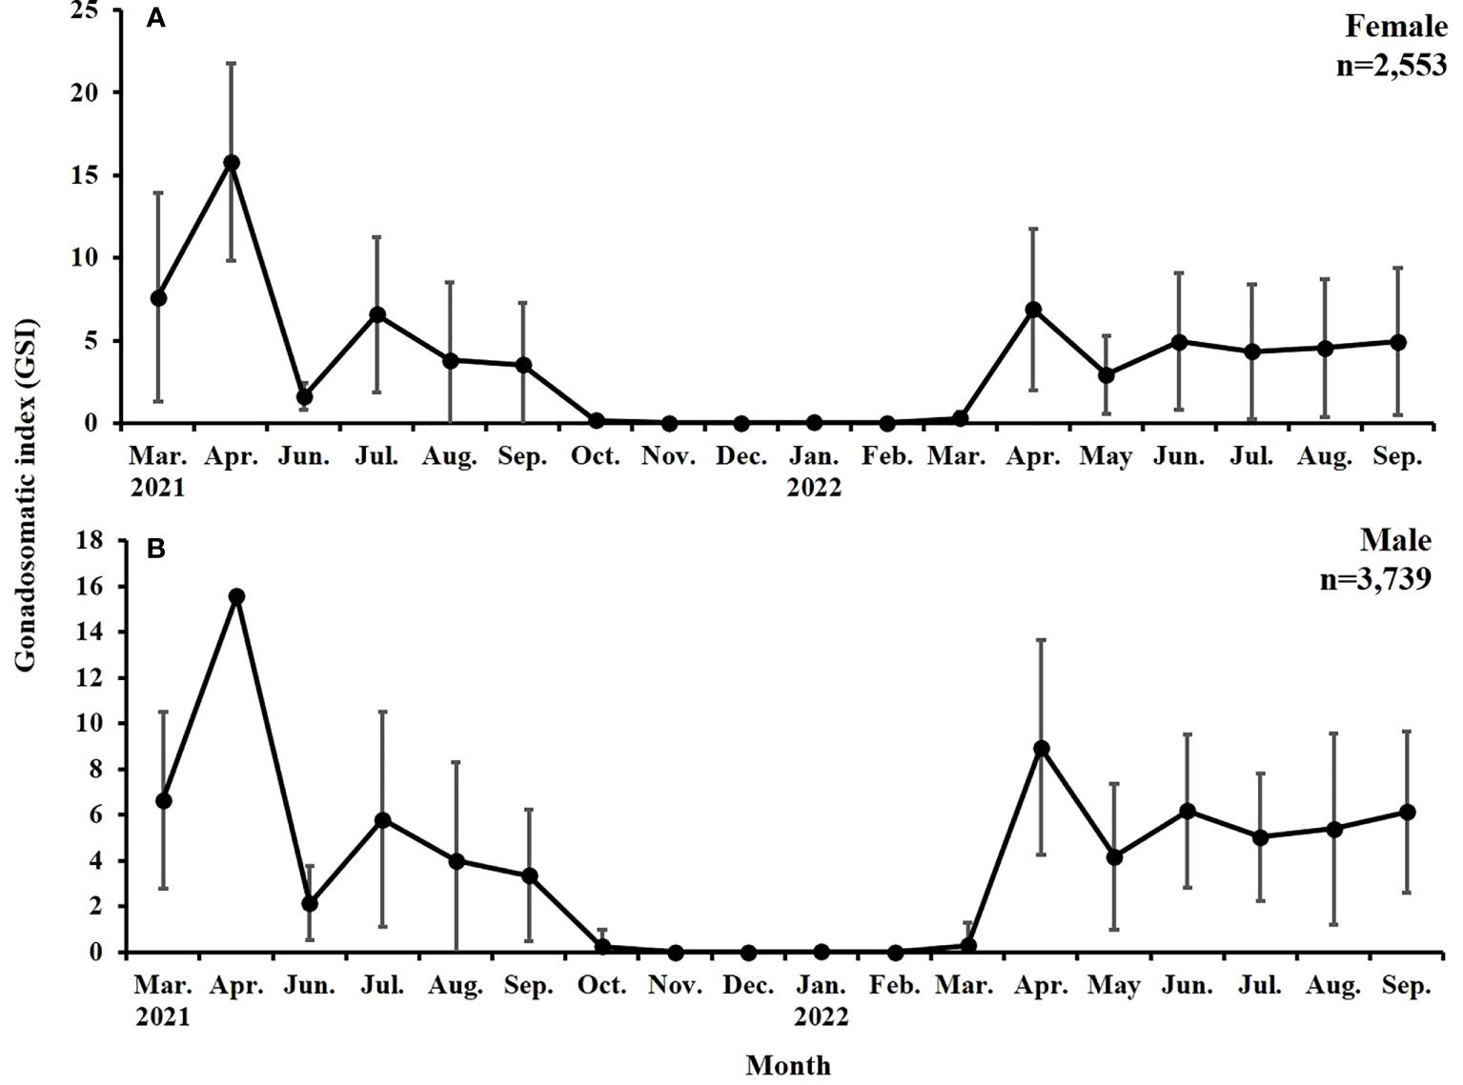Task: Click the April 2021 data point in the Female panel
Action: click(x=231, y=163)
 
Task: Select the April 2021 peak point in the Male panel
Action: click(x=236, y=596)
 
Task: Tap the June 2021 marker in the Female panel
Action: click(x=304, y=396)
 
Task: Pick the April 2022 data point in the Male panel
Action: click(x=1042, y=748)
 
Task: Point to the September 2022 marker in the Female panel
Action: click(x=1398, y=342)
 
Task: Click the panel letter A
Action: click(x=155, y=19)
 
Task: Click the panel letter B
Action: click(x=155, y=550)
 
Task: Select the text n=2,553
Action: click(x=1392, y=66)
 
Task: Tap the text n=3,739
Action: click(x=1375, y=578)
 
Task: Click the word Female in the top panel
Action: click(x=1395, y=27)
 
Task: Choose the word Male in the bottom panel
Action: click(x=1395, y=540)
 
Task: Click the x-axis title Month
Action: click(x=788, y=1065)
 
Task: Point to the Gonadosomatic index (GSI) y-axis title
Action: click(x=26, y=493)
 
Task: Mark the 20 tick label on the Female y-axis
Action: click(x=84, y=93)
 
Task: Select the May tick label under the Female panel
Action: click(x=1106, y=457)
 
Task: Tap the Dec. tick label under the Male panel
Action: click(x=748, y=986)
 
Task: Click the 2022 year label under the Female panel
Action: click(x=814, y=488)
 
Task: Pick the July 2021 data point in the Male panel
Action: click(x=382, y=820)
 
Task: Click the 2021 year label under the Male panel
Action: click(x=162, y=1017)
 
